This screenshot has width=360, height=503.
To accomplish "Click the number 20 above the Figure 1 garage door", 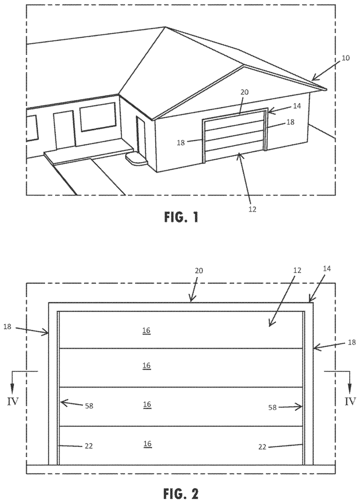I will point(244,91).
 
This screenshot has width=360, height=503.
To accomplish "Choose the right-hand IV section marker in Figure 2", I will point(350,401).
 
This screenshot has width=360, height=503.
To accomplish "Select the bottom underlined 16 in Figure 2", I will point(146,444).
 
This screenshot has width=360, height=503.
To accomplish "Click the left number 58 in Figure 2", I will point(88,406).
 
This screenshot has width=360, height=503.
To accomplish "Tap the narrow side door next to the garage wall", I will point(141,135).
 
